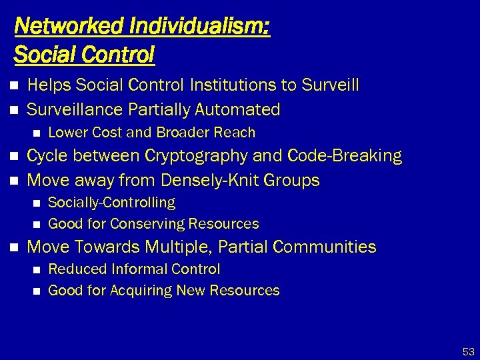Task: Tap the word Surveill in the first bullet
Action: tap(330, 85)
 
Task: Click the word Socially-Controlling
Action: tap(112, 202)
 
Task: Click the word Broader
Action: tap(177, 133)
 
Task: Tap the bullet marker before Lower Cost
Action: tap(37, 133)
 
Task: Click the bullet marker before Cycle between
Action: tap(15, 157)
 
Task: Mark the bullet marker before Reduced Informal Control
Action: tap(37, 269)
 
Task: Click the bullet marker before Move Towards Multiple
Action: tap(15, 247)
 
